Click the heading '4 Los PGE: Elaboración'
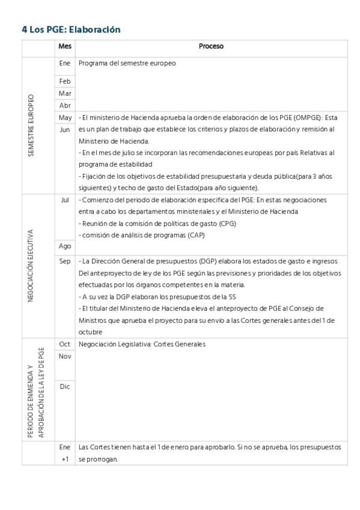click(x=72, y=29)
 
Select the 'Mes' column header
click(x=65, y=46)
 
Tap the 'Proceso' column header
click(x=211, y=46)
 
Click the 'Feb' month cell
click(x=65, y=81)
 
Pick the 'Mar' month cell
click(x=65, y=93)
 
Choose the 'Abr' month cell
click(x=65, y=105)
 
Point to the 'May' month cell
click(x=65, y=117)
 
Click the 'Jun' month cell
click(x=65, y=129)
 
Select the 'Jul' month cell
click(x=65, y=200)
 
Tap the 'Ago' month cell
click(x=65, y=246)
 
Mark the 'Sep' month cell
click(x=65, y=261)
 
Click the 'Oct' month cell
click(x=65, y=344)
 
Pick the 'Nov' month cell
click(x=65, y=356)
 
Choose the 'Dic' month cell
click(x=65, y=387)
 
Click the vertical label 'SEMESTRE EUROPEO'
click(x=31, y=126)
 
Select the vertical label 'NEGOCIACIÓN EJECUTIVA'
click(x=31, y=265)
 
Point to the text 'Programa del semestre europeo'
click(x=127, y=63)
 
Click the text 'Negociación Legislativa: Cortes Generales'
click(x=142, y=344)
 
